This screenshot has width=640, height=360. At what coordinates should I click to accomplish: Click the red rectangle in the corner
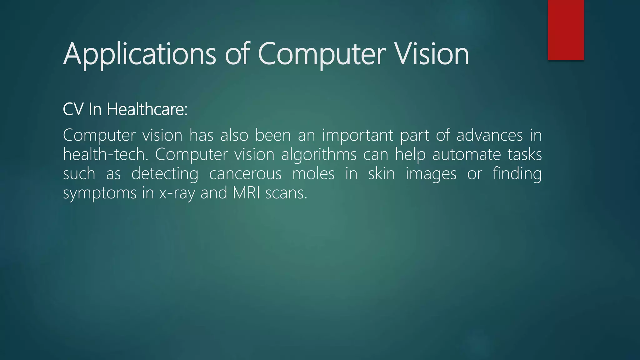pos(566,30)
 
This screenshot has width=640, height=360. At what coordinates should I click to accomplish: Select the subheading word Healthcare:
pos(147,109)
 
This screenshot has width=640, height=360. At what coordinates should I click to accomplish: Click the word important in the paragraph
pos(357,135)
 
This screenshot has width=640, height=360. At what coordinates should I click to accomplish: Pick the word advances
pos(489,135)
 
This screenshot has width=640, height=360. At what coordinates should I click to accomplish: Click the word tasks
pos(525,154)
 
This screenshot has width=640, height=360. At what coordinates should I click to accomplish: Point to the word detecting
pos(165,174)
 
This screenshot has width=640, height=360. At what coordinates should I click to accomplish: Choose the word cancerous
pos(245,174)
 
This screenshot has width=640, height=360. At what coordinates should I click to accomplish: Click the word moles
pos(313,174)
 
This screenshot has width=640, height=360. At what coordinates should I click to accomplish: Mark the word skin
pos(382,174)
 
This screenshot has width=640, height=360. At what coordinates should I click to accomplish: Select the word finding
pos(517,174)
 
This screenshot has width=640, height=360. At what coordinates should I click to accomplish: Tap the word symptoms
pos(100,193)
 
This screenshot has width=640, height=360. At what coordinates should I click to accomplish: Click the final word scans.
pos(286,193)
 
